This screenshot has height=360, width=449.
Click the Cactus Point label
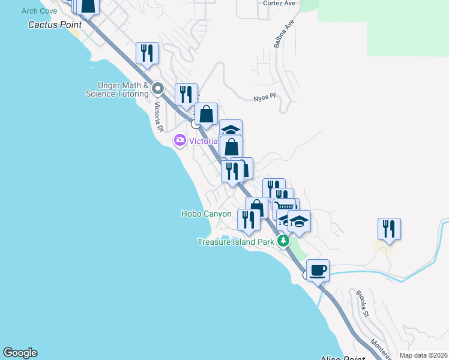click(x=55, y=25)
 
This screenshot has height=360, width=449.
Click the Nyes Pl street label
click(x=264, y=96)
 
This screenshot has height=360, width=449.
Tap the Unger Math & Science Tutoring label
click(x=116, y=90)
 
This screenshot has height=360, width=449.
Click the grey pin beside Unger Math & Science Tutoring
click(x=158, y=89)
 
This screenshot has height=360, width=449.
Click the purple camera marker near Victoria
click(x=179, y=141)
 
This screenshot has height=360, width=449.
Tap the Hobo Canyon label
click(x=206, y=214)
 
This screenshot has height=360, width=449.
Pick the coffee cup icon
click(x=318, y=270)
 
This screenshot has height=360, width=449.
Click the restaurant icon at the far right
click(x=389, y=229)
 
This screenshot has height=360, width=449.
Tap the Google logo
click(x=20, y=353)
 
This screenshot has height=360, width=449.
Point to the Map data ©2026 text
click(x=423, y=355)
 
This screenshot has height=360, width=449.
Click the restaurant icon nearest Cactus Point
click(x=147, y=53)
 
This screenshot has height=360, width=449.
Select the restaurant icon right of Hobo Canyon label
click(x=249, y=220)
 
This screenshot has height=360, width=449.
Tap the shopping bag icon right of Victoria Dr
click(x=206, y=114)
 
